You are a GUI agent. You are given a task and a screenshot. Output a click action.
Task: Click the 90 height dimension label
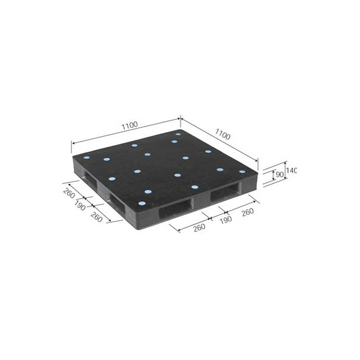tap(280, 175)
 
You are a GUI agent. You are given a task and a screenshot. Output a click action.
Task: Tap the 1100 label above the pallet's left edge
tap(130, 125)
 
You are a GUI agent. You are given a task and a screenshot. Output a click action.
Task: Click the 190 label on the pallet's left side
tap(80, 205)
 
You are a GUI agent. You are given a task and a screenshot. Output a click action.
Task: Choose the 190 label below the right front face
tap(226, 220)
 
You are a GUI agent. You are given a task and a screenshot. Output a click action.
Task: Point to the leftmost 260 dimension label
tap(69, 193)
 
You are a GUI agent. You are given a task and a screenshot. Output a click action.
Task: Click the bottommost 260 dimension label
tap(199, 228)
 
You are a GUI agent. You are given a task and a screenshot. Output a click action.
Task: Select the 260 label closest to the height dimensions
tap(247, 212)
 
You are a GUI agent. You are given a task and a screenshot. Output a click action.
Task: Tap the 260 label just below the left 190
tap(97, 217)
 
